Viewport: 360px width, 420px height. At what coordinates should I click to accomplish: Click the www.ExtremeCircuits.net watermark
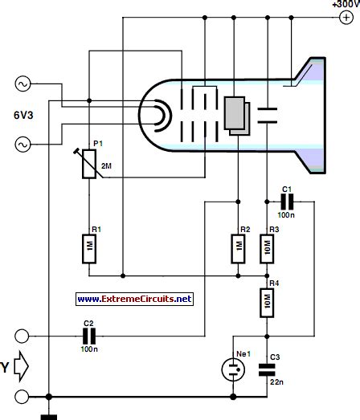click(x=135, y=299)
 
